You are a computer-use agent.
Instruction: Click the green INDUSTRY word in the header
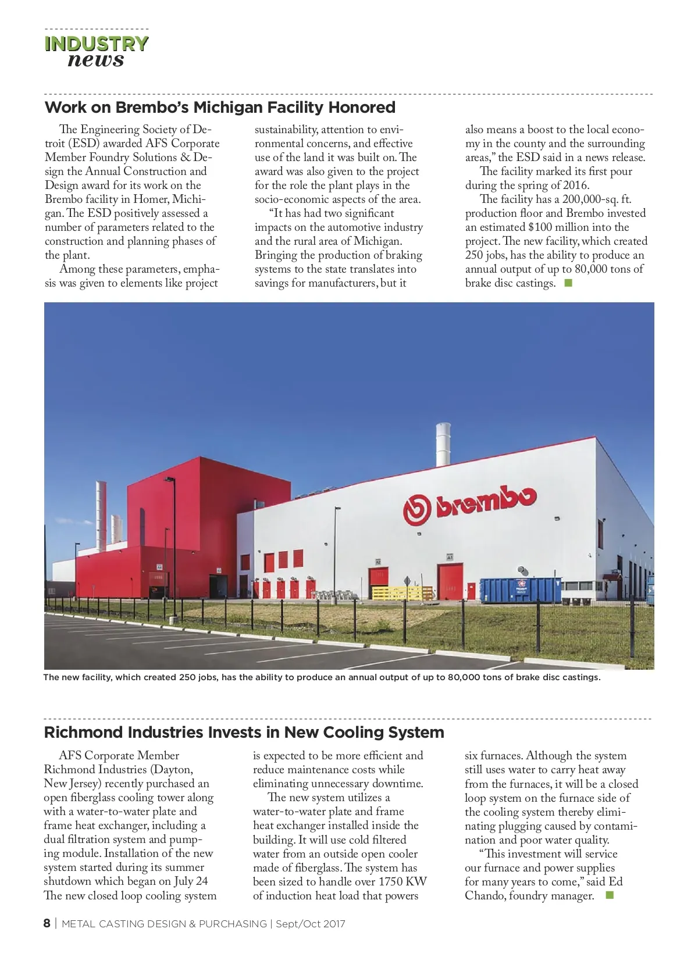pyautogui.click(x=97, y=44)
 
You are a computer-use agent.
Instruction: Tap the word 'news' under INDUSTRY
pyautogui.click(x=96, y=60)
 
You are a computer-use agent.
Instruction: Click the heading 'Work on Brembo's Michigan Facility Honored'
pyautogui.click(x=220, y=108)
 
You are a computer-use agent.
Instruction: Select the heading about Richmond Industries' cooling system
pyautogui.click(x=244, y=732)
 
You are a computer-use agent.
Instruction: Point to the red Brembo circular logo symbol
pyautogui.click(x=417, y=509)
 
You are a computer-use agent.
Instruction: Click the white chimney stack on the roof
pyautogui.click(x=443, y=442)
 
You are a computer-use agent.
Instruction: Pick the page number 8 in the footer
pyautogui.click(x=47, y=924)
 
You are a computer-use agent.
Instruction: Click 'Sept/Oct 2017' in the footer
pyautogui.click(x=310, y=924)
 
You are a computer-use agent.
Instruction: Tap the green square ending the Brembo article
pyautogui.click(x=568, y=283)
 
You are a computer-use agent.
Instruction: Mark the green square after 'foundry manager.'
pyautogui.click(x=610, y=895)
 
